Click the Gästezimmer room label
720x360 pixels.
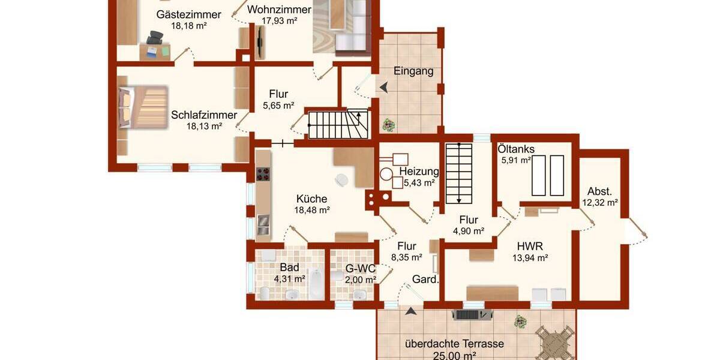[x=188, y=15]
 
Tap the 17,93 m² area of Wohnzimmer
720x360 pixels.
[x=280, y=20]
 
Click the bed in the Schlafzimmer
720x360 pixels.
[x=143, y=107]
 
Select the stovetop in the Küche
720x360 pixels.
[x=263, y=174]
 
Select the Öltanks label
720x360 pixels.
[x=516, y=148]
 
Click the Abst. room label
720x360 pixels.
[x=599, y=191]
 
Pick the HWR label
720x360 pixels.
[x=530, y=245]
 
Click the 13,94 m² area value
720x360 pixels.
[x=530, y=258]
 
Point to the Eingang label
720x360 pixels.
[x=413, y=71]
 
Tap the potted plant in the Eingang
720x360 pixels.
[x=389, y=125]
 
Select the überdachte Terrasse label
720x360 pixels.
[x=454, y=344]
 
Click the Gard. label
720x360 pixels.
[x=425, y=280]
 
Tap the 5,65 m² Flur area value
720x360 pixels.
[x=278, y=106]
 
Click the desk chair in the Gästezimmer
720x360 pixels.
[x=154, y=41]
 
